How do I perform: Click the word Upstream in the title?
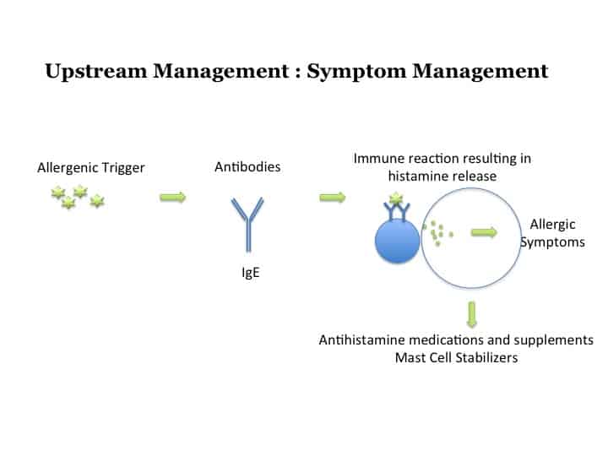(95, 72)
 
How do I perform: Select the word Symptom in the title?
(356, 72)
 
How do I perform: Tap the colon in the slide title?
(297, 73)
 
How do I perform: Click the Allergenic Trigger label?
(91, 168)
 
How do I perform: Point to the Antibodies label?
(247, 166)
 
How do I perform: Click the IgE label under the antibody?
(251, 272)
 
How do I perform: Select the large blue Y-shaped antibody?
(247, 225)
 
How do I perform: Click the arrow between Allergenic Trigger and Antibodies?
(173, 198)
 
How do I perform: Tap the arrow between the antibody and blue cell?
(333, 198)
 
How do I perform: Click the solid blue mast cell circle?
(397, 241)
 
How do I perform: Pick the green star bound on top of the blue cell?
(396, 198)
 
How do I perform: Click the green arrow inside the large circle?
(484, 232)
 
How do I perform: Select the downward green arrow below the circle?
(471, 314)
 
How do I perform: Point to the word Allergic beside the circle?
(552, 225)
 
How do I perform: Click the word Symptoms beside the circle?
(552, 242)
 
